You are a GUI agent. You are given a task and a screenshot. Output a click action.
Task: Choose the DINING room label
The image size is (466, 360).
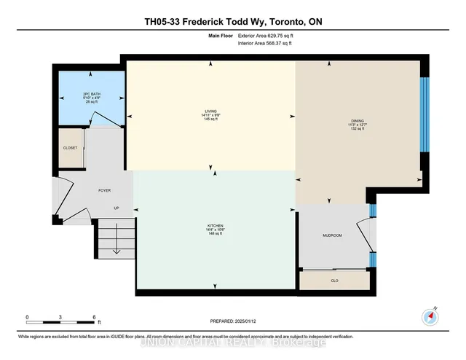(357, 122)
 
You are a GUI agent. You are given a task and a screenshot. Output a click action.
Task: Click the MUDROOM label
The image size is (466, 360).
(332, 235)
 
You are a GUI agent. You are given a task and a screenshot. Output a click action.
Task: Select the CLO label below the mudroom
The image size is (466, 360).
(335, 281)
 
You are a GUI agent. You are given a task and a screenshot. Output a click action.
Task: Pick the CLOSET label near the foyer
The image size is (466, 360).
(70, 147)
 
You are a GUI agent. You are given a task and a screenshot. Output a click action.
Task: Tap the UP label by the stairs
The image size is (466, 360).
(115, 207)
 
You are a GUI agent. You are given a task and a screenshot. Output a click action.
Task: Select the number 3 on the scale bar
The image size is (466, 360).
(60, 317)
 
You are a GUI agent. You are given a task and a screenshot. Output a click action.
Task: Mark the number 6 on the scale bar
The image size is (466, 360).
(94, 317)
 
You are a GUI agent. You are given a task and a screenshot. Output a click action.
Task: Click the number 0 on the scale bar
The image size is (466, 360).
(27, 317)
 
